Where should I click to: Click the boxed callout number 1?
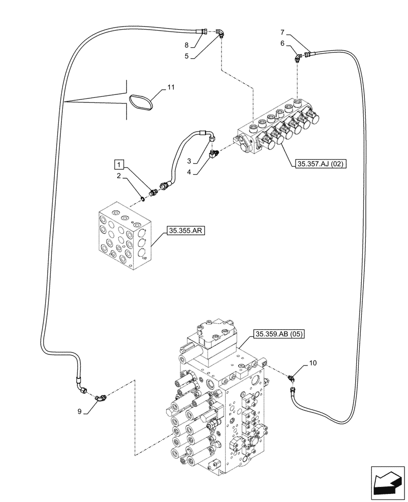pyautogui.click(x=118, y=164)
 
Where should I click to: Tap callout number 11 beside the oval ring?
pyautogui.click(x=171, y=87)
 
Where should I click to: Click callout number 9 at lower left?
pyautogui.click(x=80, y=412)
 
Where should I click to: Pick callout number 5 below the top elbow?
pyautogui.click(x=186, y=56)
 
